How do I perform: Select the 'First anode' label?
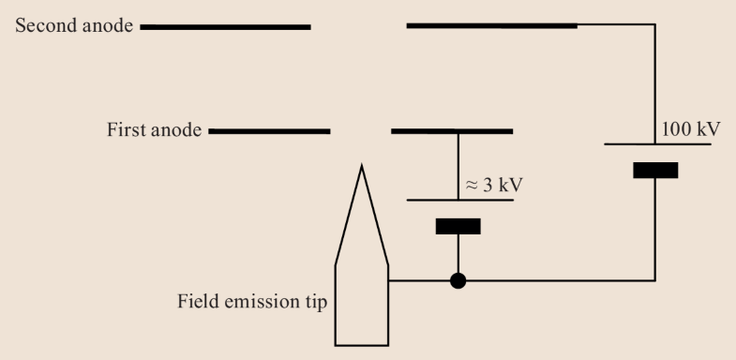(x=154, y=129)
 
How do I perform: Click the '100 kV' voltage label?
(x=691, y=127)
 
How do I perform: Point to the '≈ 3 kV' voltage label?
(x=493, y=184)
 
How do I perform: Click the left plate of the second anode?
(x=225, y=26)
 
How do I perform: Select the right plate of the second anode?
(x=491, y=25)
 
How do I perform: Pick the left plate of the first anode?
(x=269, y=129)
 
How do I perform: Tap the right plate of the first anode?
(x=451, y=129)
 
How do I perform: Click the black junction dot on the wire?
(x=458, y=280)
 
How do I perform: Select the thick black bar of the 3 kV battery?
(x=458, y=226)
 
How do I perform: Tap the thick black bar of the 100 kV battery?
(x=654, y=170)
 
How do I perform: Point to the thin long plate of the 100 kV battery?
(x=654, y=144)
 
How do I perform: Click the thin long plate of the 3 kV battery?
(x=458, y=200)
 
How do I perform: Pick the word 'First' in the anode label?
(x=124, y=129)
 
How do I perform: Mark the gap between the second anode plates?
(x=358, y=26)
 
